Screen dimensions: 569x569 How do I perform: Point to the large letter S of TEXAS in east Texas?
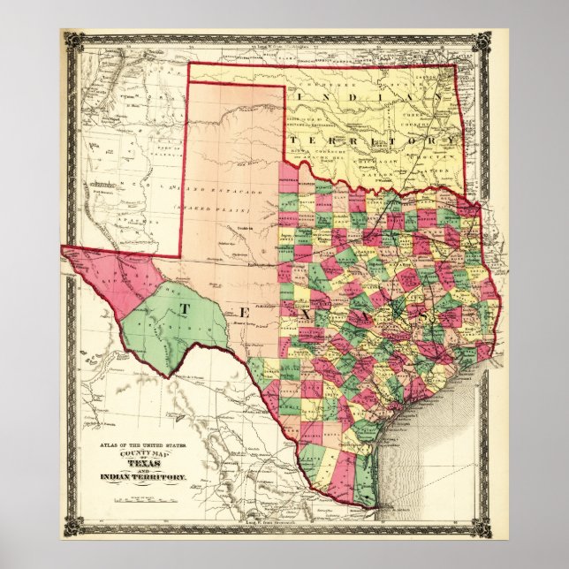tap(427, 314)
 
